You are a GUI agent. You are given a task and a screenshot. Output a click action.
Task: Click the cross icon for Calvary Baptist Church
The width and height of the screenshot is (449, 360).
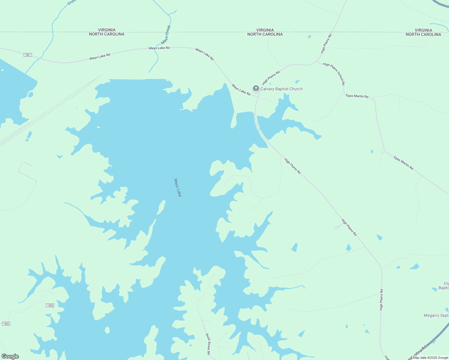click(x=256, y=88)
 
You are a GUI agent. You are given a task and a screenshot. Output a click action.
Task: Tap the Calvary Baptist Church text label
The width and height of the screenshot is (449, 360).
click(x=282, y=89)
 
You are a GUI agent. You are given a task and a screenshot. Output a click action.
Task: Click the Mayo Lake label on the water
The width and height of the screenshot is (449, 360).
click(x=178, y=187)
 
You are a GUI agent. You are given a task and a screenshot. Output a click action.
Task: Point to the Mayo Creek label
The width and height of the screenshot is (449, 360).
click(x=166, y=34)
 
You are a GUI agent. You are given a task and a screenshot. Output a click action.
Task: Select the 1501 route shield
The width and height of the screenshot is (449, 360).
click(x=28, y=55)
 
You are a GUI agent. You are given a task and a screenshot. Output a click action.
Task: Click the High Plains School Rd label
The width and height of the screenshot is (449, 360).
click(x=334, y=74)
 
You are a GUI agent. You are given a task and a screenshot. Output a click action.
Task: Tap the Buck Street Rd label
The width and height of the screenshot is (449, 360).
click(x=208, y=344)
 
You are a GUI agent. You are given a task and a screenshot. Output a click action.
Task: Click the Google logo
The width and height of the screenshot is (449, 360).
click(x=10, y=356)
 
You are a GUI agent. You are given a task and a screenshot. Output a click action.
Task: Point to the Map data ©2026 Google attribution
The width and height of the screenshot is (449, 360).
click(x=430, y=358)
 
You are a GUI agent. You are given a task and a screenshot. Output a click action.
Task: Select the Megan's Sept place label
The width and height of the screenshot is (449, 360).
click(x=436, y=315)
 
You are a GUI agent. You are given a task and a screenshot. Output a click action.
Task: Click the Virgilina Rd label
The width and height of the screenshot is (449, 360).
click(x=418, y=352)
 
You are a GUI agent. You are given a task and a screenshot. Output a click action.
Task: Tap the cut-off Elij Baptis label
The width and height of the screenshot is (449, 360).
click(x=444, y=286)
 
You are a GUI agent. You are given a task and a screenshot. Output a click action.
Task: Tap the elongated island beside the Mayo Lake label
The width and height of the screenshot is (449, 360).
click(x=161, y=207)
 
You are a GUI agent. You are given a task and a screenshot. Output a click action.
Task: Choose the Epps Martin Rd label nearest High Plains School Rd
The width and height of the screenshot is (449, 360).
click(x=357, y=96)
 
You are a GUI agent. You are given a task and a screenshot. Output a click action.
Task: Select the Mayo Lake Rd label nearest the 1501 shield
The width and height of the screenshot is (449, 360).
click(x=100, y=56)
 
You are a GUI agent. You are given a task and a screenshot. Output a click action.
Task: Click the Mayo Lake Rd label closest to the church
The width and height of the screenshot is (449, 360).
click(x=241, y=90)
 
